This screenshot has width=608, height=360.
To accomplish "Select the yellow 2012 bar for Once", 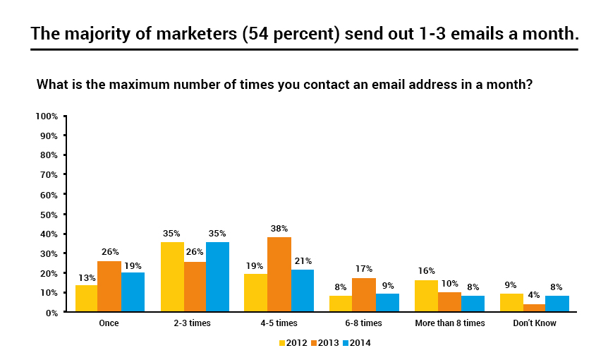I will [86, 299].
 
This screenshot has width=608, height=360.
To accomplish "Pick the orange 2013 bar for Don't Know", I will [534, 308].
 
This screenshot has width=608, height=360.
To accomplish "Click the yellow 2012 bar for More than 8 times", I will [425, 296].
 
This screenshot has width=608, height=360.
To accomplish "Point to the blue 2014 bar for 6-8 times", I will [387, 303].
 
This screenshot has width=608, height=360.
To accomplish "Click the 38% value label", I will [279, 229].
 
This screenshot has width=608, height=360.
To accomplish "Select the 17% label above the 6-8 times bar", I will [364, 269].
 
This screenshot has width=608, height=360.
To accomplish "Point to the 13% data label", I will [87, 277].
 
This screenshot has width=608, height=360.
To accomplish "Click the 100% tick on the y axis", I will [46, 116].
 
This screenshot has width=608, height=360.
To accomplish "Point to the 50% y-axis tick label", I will [48, 214].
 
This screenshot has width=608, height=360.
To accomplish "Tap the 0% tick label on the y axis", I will [51, 312].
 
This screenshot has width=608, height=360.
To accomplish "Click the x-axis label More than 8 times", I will [449, 323].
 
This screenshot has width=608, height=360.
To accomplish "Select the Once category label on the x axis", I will [109, 323].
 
